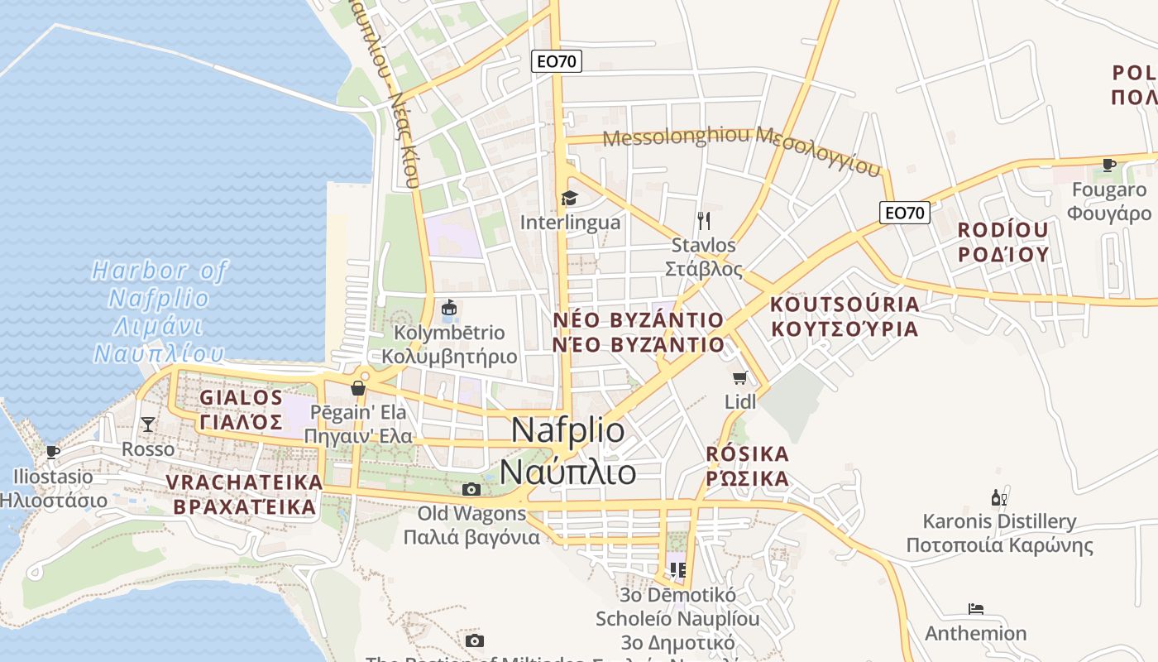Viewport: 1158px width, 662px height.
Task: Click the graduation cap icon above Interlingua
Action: click(569, 198)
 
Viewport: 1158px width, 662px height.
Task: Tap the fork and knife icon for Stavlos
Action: click(704, 220)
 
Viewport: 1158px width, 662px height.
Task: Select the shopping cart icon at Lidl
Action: click(740, 378)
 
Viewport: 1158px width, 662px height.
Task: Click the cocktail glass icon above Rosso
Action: click(148, 425)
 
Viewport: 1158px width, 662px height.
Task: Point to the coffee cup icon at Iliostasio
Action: click(53, 452)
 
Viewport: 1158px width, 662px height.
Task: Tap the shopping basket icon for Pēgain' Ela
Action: click(358, 387)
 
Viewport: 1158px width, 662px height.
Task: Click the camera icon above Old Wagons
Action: click(471, 489)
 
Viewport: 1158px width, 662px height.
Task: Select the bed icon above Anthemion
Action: click(976, 609)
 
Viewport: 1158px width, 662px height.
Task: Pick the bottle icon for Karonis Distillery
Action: click(999, 497)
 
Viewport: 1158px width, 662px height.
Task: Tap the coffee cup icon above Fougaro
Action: click(1109, 165)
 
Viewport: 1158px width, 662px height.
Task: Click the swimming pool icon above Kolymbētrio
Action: click(449, 308)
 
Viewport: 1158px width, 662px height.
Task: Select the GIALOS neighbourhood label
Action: click(242, 397)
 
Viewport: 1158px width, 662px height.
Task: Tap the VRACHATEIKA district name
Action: click(244, 482)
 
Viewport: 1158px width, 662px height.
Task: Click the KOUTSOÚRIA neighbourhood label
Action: click(845, 304)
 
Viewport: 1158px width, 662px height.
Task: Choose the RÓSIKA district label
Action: click(748, 454)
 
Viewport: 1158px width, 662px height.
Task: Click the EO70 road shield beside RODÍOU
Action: click(905, 213)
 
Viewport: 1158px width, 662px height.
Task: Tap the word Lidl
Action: click(740, 402)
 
